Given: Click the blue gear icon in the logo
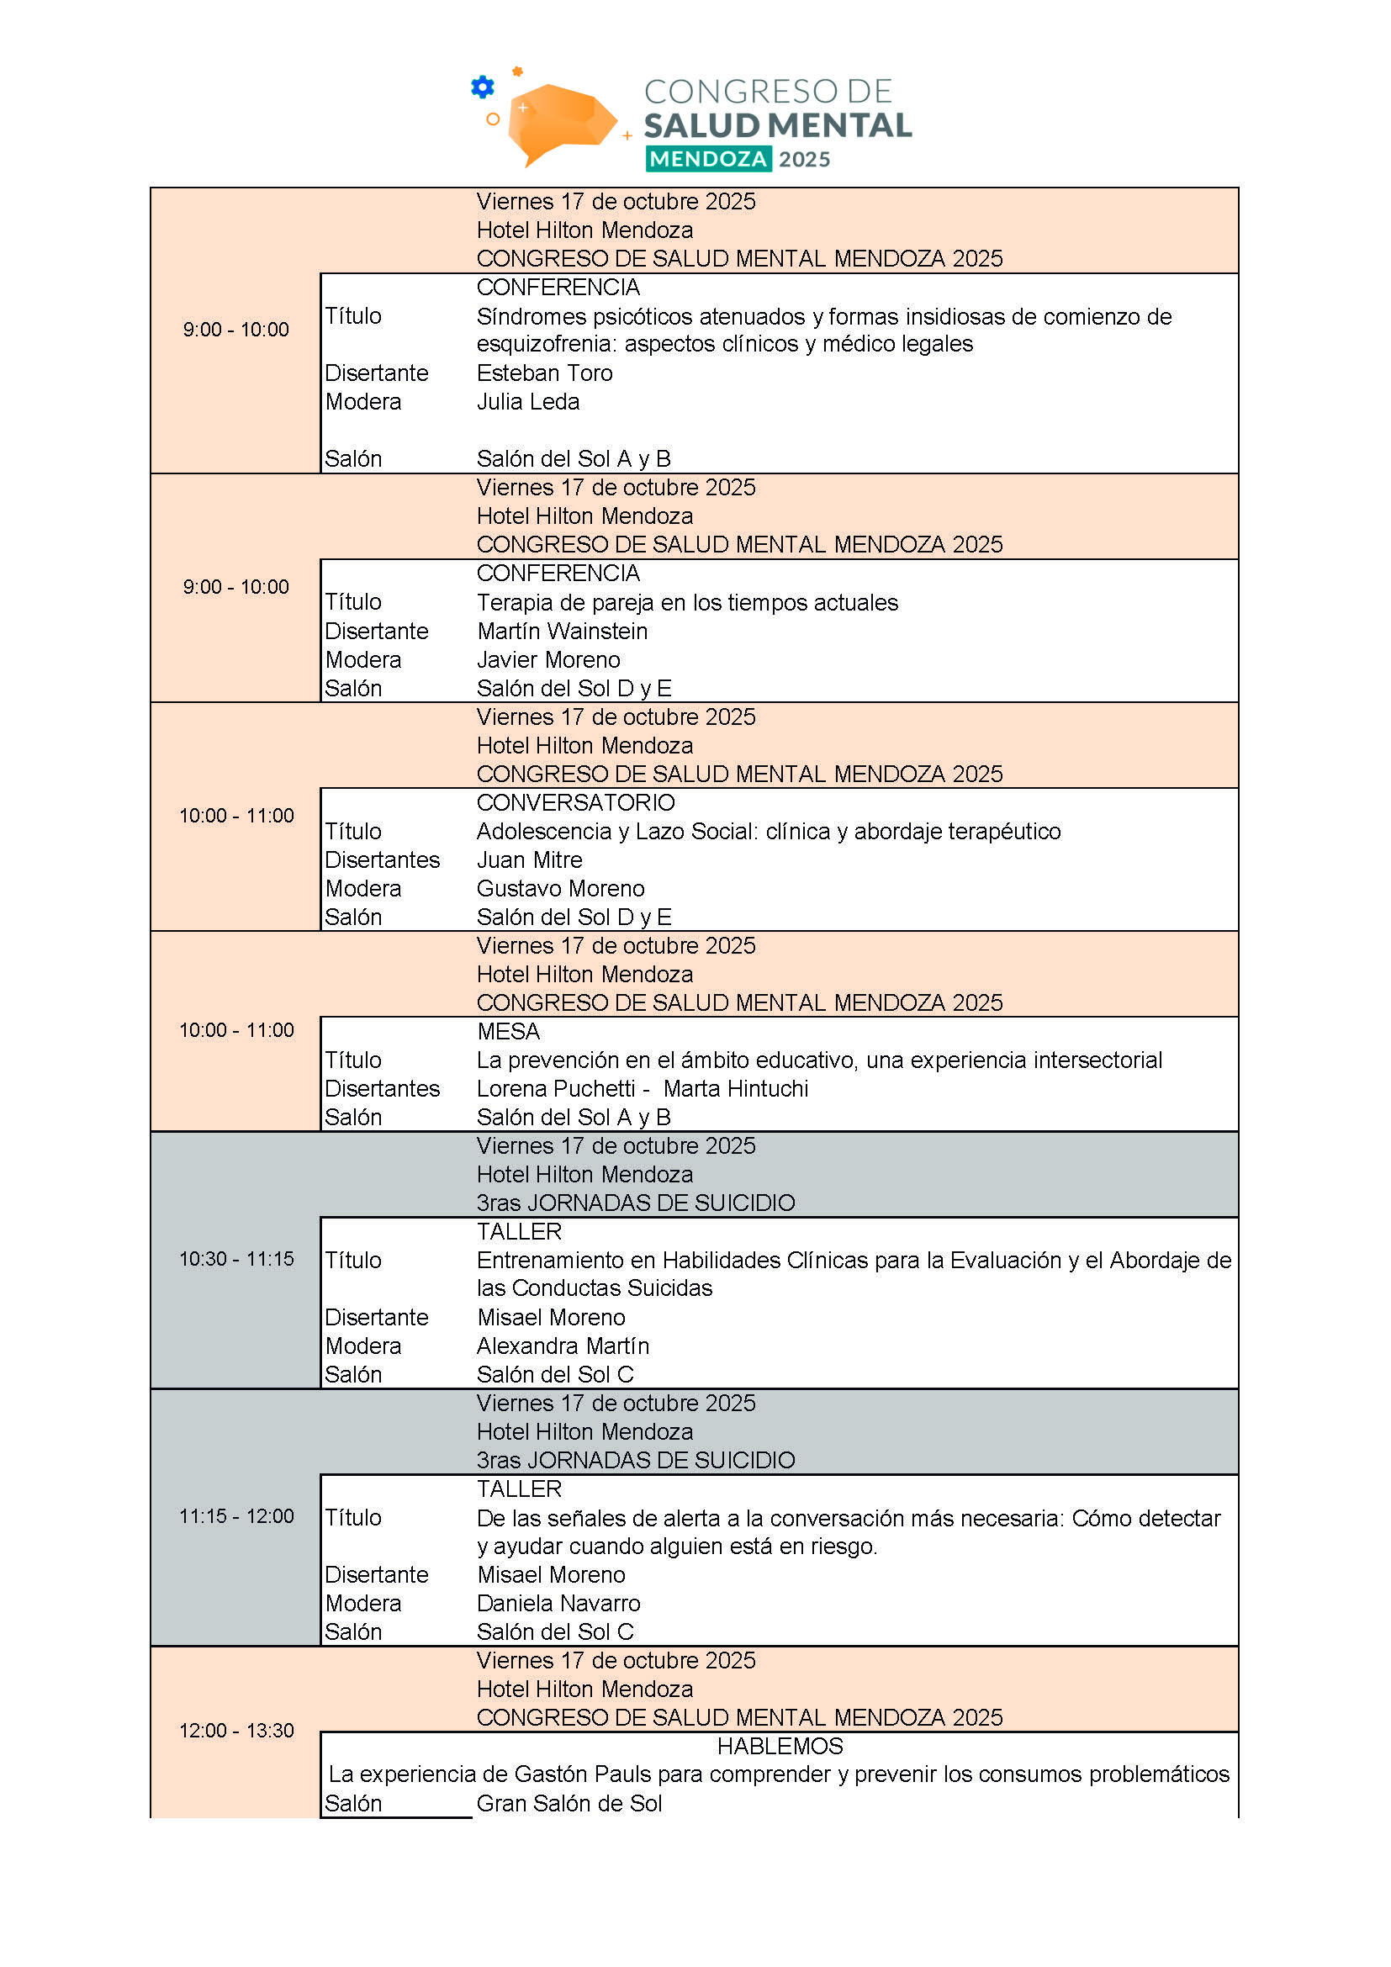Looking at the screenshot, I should click(483, 87).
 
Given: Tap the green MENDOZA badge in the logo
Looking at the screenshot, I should click(708, 159).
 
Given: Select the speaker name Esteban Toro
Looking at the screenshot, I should click(545, 373).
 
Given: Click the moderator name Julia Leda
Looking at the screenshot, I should click(527, 402).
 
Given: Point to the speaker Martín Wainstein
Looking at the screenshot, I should click(562, 632).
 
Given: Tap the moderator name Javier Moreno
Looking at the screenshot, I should click(548, 659).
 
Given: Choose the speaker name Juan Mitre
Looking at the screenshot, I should click(529, 860).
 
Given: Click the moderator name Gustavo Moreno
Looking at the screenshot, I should click(560, 888).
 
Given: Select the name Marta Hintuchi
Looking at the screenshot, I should click(736, 1089).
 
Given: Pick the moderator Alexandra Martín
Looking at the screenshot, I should click(563, 1346).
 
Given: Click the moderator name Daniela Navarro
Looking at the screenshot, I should click(558, 1603).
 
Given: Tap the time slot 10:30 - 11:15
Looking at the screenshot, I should click(236, 1259).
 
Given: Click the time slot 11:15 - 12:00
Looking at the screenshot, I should click(236, 1515).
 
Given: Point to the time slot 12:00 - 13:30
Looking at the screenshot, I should click(236, 1731).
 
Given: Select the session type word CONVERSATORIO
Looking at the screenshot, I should click(575, 803).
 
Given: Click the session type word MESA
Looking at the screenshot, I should click(509, 1032).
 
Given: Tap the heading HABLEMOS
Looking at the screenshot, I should click(780, 1746).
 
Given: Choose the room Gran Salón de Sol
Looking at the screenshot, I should click(569, 1803).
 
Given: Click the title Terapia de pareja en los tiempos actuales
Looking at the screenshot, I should click(687, 603).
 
